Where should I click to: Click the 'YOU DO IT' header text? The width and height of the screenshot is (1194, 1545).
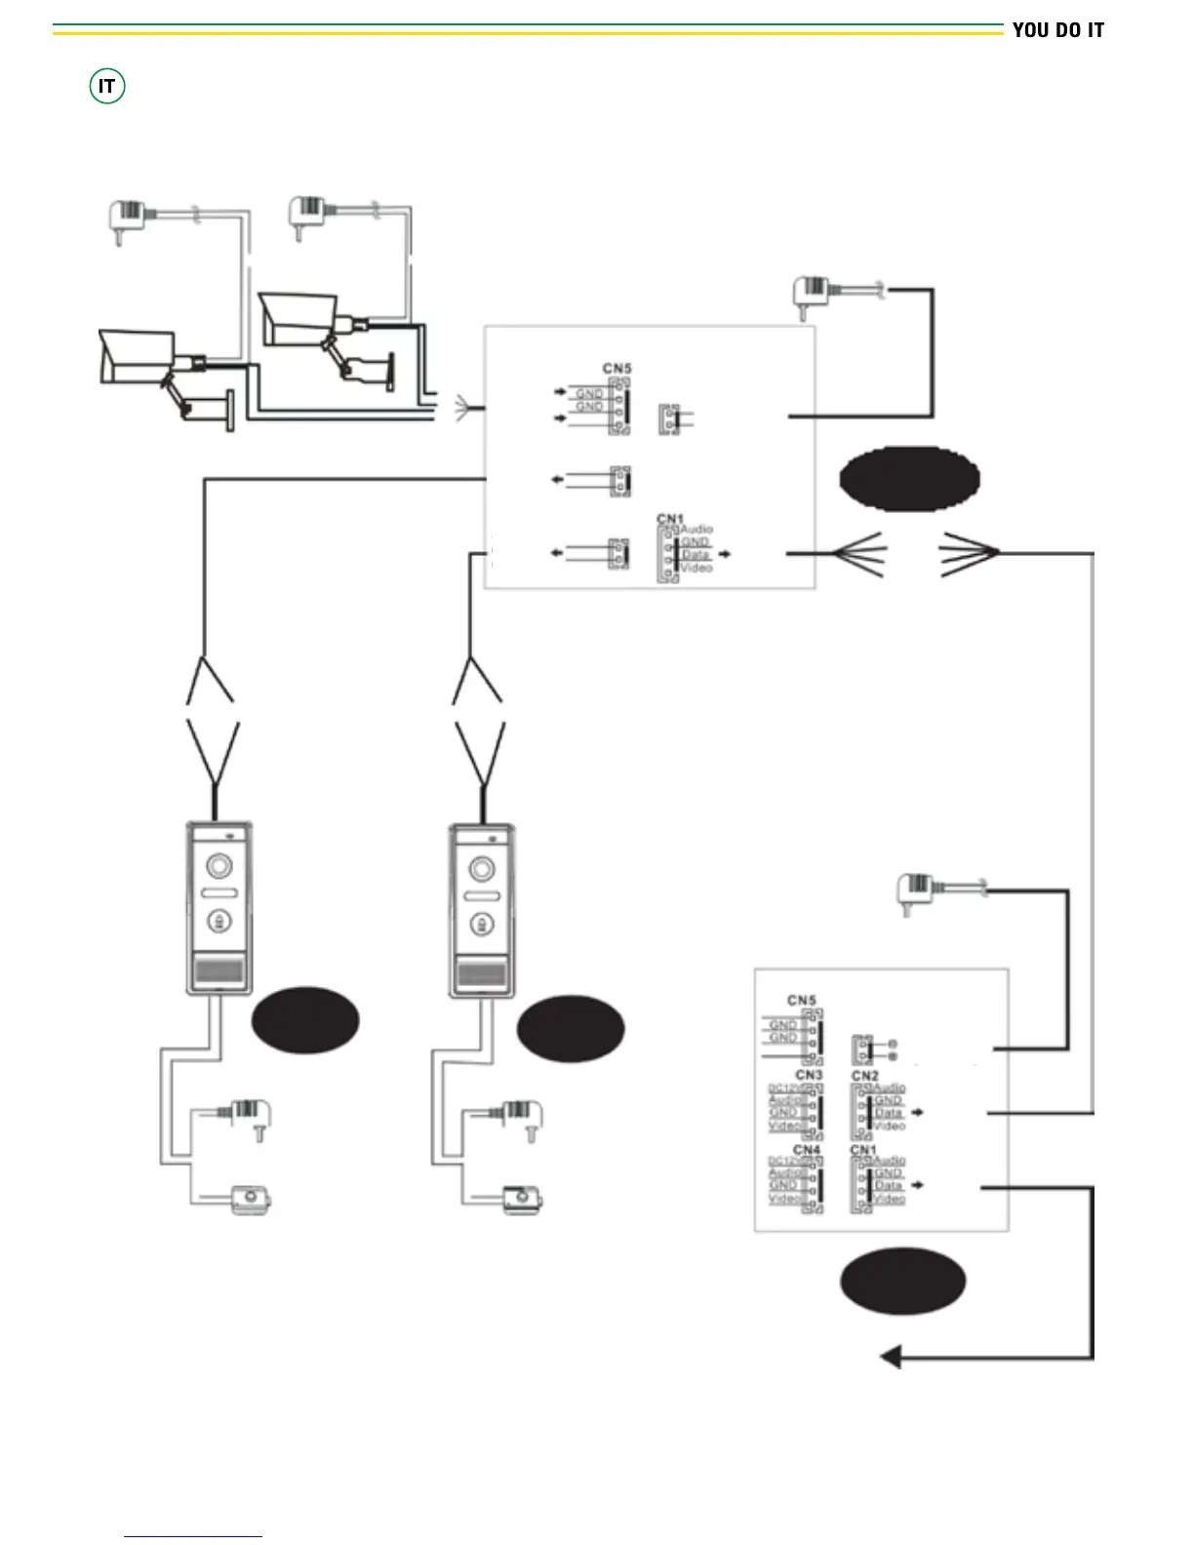tap(1057, 30)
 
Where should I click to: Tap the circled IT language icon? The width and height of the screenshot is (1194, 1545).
tap(106, 87)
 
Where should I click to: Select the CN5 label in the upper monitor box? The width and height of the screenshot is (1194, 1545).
tap(617, 369)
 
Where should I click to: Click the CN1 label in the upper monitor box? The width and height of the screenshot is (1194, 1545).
tap(670, 519)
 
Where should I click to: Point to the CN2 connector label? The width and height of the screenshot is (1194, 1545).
tap(864, 1076)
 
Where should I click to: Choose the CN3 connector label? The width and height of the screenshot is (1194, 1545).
tap(809, 1075)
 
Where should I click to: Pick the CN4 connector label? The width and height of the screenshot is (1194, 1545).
tap(807, 1150)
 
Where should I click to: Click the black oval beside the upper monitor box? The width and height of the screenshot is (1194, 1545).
tap(909, 479)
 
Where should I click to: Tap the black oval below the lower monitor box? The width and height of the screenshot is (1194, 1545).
tap(903, 1281)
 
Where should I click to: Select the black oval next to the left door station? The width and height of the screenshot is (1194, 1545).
tap(305, 1020)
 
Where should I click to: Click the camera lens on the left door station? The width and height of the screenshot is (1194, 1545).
tap(219, 865)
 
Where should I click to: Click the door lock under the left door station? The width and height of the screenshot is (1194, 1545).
tap(251, 1199)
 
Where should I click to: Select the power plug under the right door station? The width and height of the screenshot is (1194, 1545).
tap(523, 1117)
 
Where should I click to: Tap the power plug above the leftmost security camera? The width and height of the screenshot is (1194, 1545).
tap(126, 218)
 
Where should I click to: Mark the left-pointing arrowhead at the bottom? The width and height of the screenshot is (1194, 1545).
tap(890, 1357)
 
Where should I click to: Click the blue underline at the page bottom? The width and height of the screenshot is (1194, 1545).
tap(193, 1536)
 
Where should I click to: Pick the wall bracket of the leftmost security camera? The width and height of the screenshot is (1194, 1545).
tap(230, 410)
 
